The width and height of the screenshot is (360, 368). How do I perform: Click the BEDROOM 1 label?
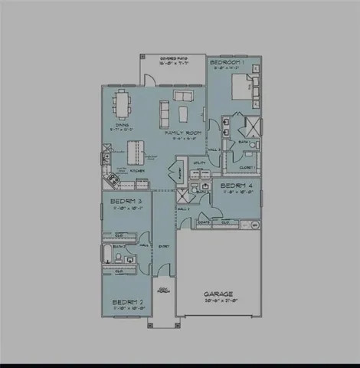point(227,61)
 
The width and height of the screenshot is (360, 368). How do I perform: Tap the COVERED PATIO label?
point(171,59)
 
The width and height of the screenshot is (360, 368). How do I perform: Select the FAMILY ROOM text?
point(182,132)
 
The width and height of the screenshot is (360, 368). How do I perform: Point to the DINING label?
point(121,124)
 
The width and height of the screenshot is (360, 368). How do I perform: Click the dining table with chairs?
point(123,102)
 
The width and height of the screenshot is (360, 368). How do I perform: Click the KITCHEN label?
point(137,169)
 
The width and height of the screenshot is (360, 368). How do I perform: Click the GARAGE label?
point(218,294)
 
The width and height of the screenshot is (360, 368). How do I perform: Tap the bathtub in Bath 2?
point(108,255)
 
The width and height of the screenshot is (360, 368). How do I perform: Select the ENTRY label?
point(163,246)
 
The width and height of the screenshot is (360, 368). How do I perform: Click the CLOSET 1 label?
point(247,167)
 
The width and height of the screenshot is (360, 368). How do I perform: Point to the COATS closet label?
point(204,222)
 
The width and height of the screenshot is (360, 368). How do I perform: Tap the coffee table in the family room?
point(182,114)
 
